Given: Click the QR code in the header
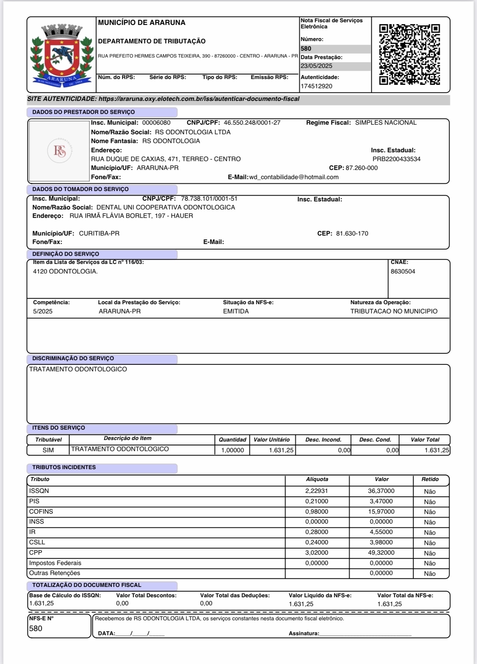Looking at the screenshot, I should click(x=409, y=54).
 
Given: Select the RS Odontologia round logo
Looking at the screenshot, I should click(x=60, y=151).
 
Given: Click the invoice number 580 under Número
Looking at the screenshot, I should click(x=306, y=49).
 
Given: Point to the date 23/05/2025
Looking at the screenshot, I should click(x=316, y=66).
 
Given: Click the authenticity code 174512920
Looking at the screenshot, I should click(x=316, y=86).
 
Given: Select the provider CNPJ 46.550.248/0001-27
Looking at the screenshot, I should click(x=252, y=123).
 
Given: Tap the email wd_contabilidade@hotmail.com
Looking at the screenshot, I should click(x=294, y=177).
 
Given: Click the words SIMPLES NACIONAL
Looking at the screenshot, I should click(x=386, y=123).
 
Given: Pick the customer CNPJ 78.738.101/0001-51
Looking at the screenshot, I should click(x=209, y=199).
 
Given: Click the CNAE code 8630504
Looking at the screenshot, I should click(x=403, y=272).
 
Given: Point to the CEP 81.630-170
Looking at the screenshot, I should click(x=352, y=234).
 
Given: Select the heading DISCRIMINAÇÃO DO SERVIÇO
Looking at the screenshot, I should click(x=73, y=358).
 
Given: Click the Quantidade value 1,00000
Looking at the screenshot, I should click(x=232, y=450).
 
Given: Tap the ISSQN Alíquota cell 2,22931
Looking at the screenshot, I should click(x=317, y=491).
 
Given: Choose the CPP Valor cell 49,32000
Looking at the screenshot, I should click(x=381, y=553).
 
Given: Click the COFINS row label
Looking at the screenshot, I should click(x=41, y=512).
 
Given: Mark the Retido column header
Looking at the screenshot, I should click(x=430, y=479).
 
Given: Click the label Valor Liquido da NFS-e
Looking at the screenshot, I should click(x=320, y=596).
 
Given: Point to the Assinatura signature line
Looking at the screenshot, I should click(x=365, y=633).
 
